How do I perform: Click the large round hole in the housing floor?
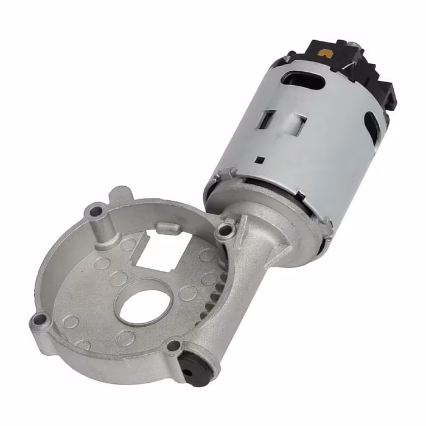click(x=144, y=302)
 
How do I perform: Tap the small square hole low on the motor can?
click(x=260, y=160)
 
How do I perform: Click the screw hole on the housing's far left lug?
click(x=39, y=318)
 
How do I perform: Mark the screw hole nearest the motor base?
click(x=226, y=229)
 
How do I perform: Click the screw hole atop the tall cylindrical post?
click(x=96, y=212)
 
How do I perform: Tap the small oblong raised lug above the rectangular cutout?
click(x=167, y=227)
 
